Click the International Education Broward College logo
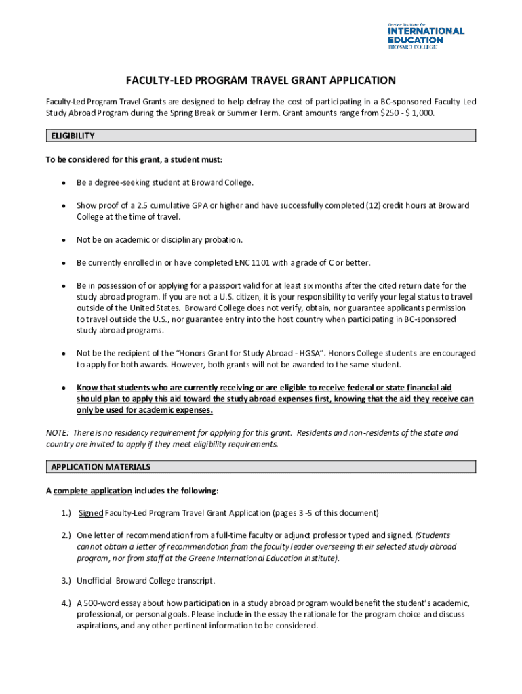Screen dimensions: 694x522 point(425,35)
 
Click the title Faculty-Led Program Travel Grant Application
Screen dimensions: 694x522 point(260,81)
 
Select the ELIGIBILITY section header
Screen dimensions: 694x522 point(73,136)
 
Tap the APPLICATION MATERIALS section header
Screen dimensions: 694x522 point(101,467)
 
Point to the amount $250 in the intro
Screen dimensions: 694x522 point(387,113)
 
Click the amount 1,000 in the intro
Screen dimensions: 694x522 point(422,113)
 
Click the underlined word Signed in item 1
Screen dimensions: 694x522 point(91,513)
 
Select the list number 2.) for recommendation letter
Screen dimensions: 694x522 point(65,535)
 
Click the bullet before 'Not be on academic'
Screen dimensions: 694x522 point(63,240)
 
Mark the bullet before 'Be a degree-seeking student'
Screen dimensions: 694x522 point(63,183)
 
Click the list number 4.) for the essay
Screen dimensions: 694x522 point(65,603)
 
